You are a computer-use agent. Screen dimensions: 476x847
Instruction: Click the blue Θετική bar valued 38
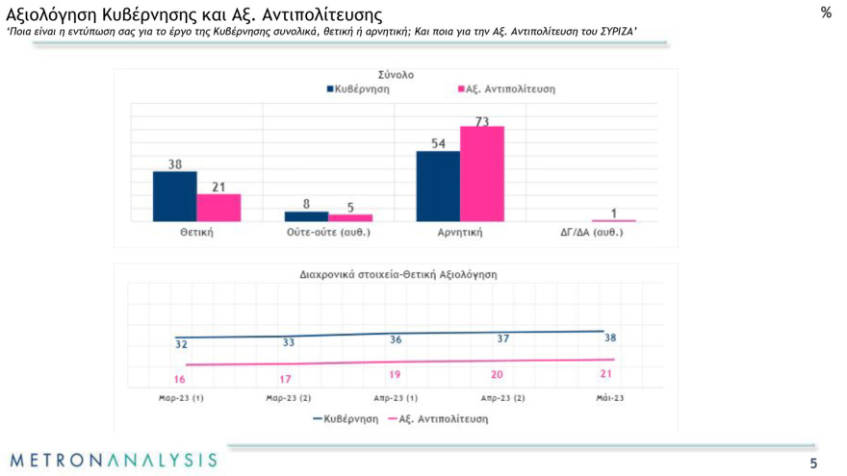pyautogui.click(x=175, y=196)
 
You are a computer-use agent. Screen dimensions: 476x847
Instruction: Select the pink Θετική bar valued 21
pyautogui.click(x=218, y=208)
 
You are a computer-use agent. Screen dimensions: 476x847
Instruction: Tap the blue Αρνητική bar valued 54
pyautogui.click(x=437, y=186)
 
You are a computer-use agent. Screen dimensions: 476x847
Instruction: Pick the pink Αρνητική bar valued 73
pyautogui.click(x=481, y=174)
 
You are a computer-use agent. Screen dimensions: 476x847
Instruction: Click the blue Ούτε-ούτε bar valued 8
pyautogui.click(x=306, y=216)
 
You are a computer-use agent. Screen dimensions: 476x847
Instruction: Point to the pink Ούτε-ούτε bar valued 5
pyautogui.click(x=349, y=217)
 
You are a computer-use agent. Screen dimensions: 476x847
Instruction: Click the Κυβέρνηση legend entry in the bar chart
pyautogui.click(x=358, y=89)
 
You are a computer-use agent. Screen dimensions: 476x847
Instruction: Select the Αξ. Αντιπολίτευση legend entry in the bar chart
pyautogui.click(x=505, y=89)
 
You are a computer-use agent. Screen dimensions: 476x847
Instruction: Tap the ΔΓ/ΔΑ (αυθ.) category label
pyautogui.click(x=591, y=233)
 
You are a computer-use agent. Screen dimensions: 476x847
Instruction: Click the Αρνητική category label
pyautogui.click(x=459, y=233)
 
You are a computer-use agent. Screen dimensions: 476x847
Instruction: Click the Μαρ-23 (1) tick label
pyautogui.click(x=181, y=398)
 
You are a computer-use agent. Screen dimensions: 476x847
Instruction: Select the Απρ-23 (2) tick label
pyautogui.click(x=502, y=398)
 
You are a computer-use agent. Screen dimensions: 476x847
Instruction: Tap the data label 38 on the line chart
pyautogui.click(x=610, y=338)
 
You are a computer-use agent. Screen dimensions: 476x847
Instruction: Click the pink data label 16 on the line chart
pyautogui.click(x=180, y=379)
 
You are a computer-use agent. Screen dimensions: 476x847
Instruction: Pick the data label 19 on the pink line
pyautogui.click(x=395, y=375)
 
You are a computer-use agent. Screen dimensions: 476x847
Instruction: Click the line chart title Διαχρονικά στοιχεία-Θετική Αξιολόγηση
pyautogui.click(x=398, y=274)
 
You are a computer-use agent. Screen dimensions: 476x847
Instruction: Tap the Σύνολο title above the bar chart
pyautogui.click(x=396, y=74)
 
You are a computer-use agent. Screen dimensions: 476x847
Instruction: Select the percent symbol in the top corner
pyautogui.click(x=826, y=13)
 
